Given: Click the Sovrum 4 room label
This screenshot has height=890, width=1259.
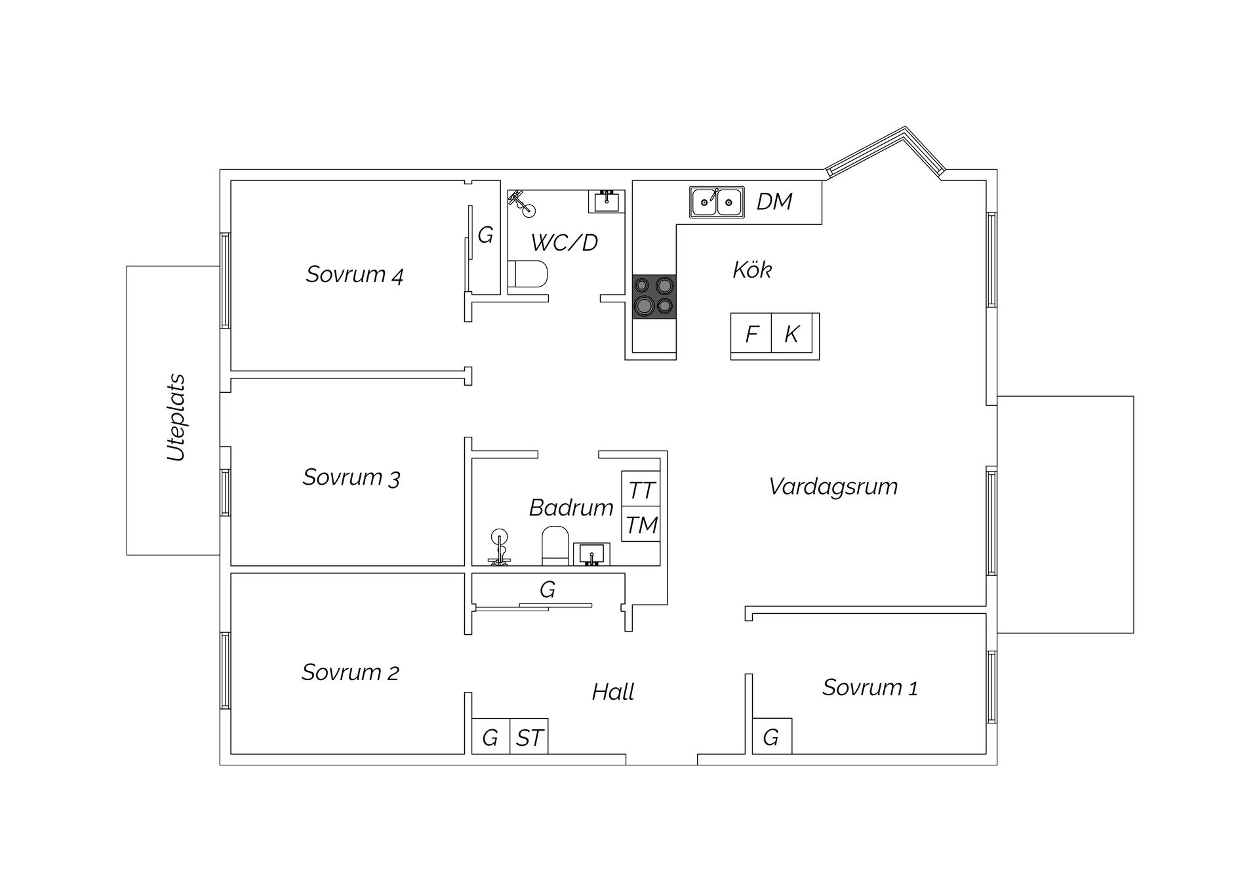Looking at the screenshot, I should (354, 274).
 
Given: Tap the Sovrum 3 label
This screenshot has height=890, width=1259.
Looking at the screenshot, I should (351, 477).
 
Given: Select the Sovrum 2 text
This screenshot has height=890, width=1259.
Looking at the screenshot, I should (350, 672).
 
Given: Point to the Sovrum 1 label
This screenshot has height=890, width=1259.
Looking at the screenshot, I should (869, 687).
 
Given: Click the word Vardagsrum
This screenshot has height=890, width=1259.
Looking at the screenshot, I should (833, 487).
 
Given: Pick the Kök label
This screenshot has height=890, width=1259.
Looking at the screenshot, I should (752, 270).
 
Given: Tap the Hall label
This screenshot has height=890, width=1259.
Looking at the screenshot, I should (613, 692).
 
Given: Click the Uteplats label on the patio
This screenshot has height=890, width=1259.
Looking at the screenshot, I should (176, 418).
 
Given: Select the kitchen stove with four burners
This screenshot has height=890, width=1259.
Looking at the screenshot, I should (654, 296).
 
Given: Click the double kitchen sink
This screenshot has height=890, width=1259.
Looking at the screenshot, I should (717, 201).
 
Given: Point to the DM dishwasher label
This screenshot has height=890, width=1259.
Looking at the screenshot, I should (774, 201).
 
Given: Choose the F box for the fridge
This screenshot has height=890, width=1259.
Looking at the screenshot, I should (751, 334).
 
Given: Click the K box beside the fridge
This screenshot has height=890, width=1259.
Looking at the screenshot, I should (792, 334).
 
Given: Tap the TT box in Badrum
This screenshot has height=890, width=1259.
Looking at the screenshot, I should (641, 490).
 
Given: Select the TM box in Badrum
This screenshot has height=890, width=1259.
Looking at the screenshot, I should (641, 525).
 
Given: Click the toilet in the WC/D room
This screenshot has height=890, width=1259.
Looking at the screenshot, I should (529, 275).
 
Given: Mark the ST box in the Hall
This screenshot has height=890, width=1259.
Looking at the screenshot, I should (529, 737).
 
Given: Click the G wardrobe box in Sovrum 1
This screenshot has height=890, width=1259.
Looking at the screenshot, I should (771, 737).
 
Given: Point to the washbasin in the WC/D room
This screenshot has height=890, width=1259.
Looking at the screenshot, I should (606, 201).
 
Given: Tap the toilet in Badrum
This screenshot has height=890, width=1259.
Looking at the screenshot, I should (555, 546).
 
